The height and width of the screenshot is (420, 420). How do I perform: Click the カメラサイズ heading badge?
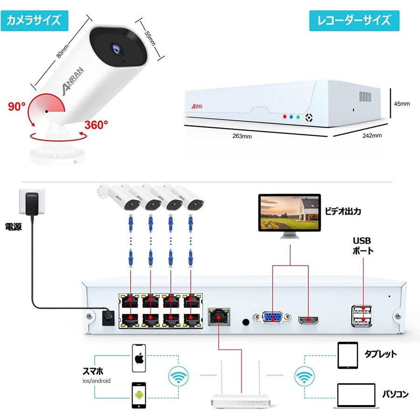click(x=35, y=21)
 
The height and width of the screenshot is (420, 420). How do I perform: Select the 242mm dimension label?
click(x=372, y=136)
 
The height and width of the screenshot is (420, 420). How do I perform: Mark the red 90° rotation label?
click(x=17, y=106)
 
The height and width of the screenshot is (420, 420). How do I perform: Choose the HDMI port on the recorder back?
click(x=308, y=320)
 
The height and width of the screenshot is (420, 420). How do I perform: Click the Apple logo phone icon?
click(x=139, y=358)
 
